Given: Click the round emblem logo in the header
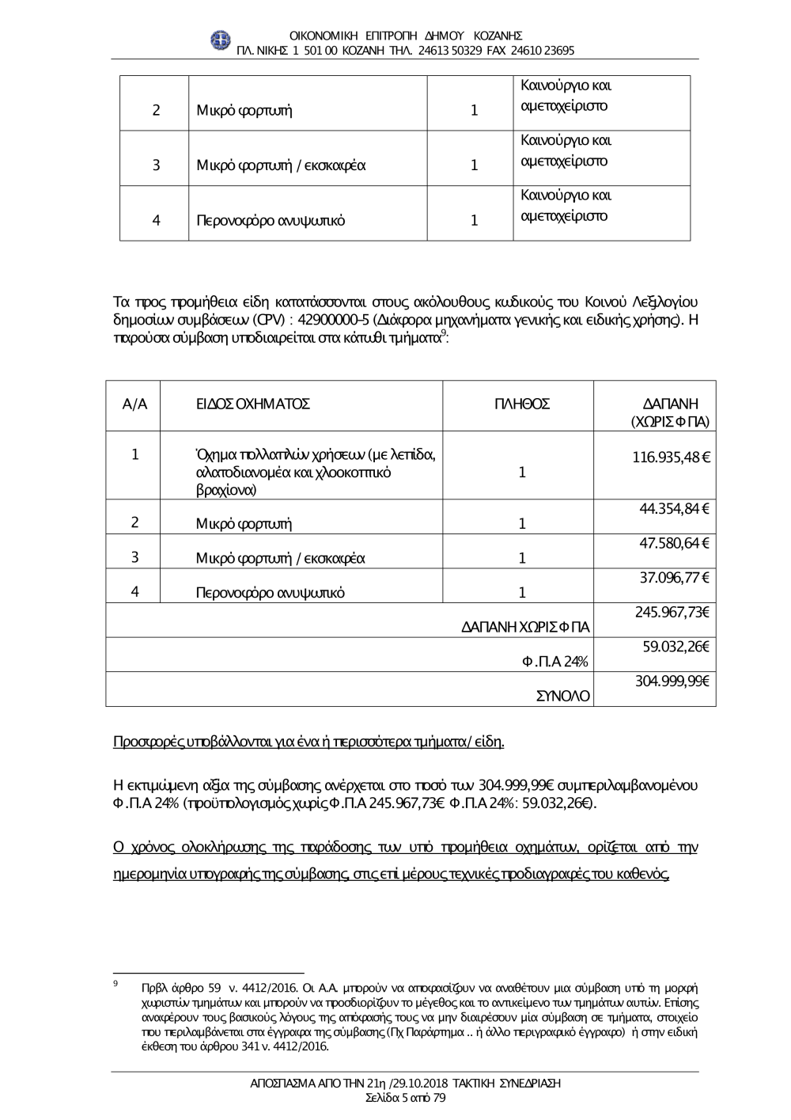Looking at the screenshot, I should (219, 40).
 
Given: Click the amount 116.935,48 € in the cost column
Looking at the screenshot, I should (671, 457).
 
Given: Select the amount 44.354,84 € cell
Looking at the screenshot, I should (674, 508).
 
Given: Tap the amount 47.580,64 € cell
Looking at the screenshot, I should (674, 543).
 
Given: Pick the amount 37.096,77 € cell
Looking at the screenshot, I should (674, 578).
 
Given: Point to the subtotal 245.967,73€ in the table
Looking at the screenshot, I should (672, 612).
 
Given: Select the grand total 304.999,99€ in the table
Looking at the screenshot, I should (672, 681).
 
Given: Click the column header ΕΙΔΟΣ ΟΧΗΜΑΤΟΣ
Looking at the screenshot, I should (253, 404).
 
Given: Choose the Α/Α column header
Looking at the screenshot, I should (135, 404).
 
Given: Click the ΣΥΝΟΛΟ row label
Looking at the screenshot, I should (562, 697).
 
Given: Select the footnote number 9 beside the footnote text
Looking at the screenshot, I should (116, 983).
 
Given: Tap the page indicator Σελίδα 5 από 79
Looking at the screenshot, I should (405, 1098).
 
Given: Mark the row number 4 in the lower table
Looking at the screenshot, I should (135, 591).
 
